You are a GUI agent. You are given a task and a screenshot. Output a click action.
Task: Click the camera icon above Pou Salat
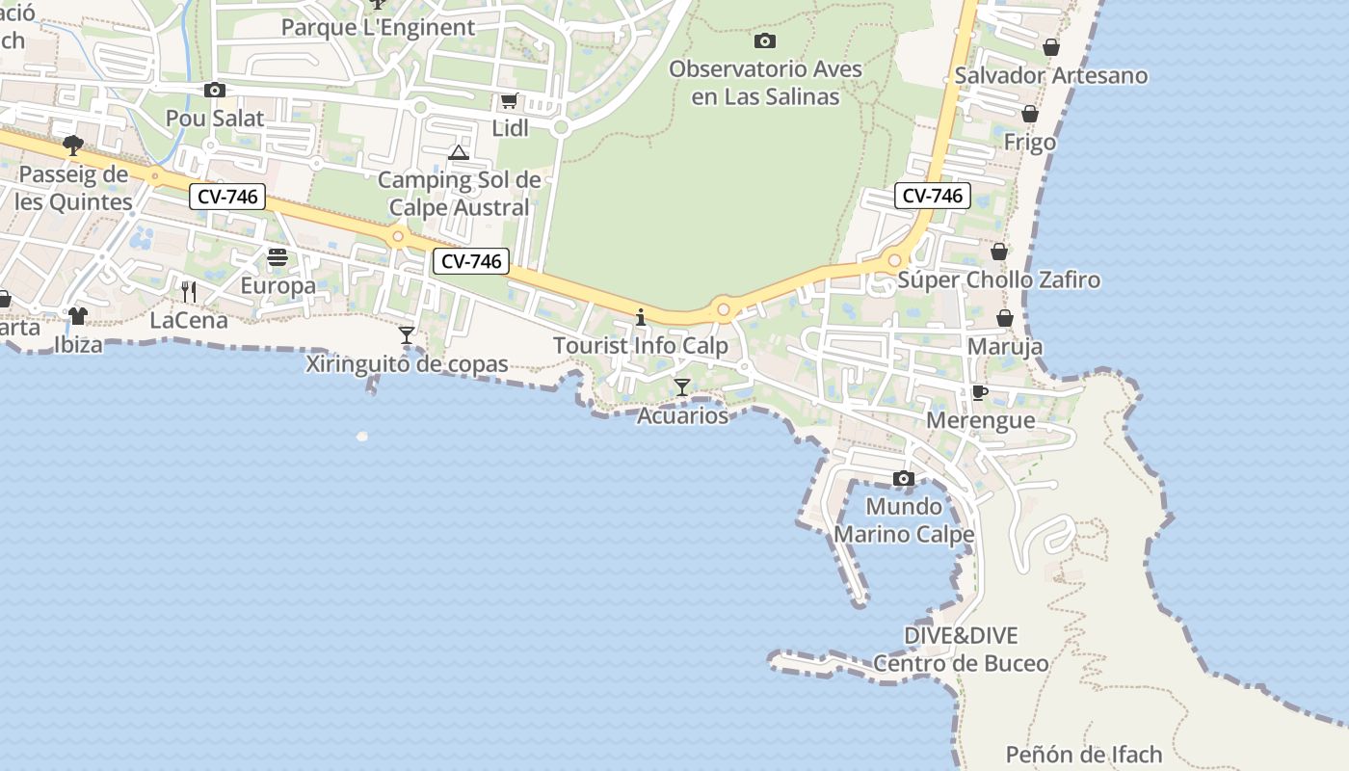214,91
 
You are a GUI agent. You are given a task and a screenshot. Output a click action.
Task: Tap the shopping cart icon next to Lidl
509,101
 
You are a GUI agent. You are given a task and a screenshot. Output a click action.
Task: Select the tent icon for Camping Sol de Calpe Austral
458,152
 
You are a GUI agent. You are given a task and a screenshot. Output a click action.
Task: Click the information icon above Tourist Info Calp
640,317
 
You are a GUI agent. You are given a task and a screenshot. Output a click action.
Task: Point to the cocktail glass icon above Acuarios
682,387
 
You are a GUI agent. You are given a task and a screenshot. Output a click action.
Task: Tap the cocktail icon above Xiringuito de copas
407,335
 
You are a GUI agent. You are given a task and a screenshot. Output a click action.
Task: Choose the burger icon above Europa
278,257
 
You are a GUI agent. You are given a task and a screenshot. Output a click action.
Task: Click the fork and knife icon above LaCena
189,291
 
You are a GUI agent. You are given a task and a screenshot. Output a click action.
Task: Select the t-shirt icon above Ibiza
77,315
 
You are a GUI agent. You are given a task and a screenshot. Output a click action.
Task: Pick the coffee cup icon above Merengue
979,392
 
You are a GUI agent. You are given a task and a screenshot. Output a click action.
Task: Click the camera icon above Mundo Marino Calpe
903,479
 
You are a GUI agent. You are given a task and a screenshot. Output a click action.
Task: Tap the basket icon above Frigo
1029,114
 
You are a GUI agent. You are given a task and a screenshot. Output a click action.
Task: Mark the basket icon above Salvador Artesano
1050,47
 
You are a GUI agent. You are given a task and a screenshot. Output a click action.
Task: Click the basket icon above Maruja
1004,318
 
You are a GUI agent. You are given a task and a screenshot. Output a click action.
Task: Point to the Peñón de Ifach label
1084,755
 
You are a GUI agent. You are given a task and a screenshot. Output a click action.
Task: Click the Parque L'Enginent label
378,27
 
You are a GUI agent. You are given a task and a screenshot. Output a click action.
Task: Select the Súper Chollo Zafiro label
998,280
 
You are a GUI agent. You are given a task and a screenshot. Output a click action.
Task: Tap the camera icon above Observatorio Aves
764,40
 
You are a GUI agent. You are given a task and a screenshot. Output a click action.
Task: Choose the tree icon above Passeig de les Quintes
72,146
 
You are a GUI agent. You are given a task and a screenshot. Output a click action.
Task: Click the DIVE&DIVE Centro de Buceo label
961,650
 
